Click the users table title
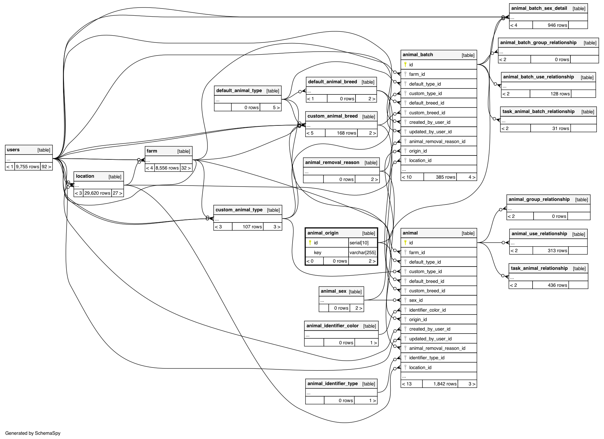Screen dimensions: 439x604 point(13,150)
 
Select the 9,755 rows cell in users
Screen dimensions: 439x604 point(27,167)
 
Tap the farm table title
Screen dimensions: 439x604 point(152,151)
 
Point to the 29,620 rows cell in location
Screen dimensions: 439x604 point(97,193)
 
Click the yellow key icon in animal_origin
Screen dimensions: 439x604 point(310,243)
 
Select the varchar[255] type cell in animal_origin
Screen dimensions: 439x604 point(362,252)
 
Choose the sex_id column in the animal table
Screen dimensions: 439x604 point(416,300)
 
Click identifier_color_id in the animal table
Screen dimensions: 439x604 point(427,310)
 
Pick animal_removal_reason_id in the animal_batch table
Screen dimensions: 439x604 point(437,141)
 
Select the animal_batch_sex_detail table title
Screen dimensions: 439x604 point(539,8)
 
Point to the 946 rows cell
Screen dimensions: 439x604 point(557,25)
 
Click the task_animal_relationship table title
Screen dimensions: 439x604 point(539,268)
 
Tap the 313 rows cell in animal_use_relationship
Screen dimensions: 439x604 point(557,251)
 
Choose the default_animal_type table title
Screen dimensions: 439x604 point(239,91)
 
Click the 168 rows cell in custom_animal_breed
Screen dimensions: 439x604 point(346,133)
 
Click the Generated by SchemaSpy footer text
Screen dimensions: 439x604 point(33,433)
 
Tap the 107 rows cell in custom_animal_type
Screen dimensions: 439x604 point(252,227)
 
